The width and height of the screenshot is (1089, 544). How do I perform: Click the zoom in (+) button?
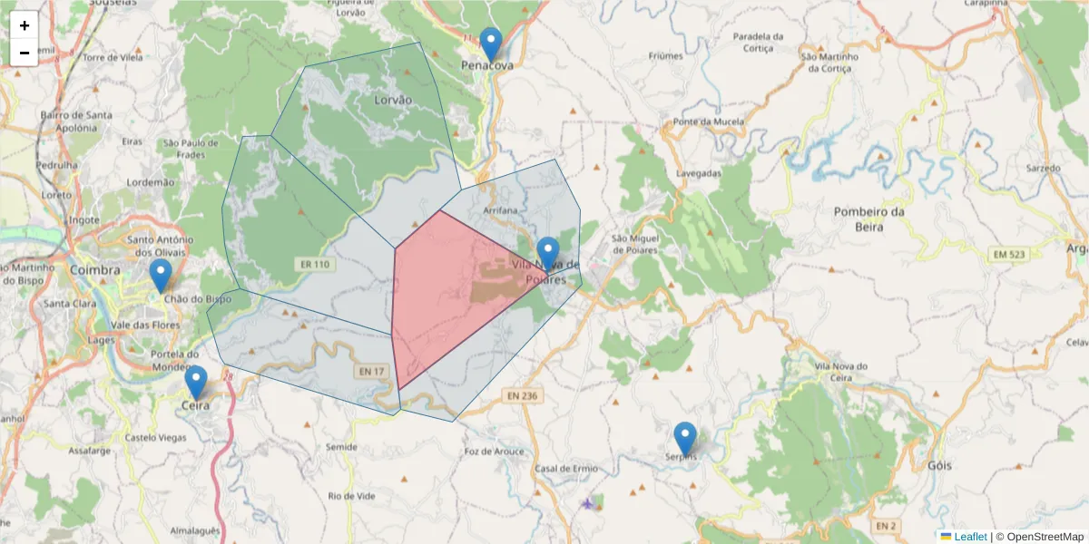pyautogui.click(x=25, y=25)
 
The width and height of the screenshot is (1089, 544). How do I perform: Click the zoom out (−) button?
pyautogui.click(x=25, y=53)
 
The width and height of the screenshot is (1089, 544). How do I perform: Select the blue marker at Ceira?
pyautogui.click(x=196, y=382)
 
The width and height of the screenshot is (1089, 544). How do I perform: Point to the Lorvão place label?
pyautogui.click(x=393, y=99)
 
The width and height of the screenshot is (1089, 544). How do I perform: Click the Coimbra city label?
pyautogui.click(x=94, y=270)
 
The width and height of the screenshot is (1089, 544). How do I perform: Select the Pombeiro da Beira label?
pyautogui.click(x=869, y=219)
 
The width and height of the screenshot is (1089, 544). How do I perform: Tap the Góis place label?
pyautogui.click(x=940, y=465)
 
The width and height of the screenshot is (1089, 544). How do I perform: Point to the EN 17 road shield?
pyautogui.click(x=372, y=371)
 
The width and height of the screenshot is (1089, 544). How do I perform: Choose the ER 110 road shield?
pyautogui.click(x=312, y=265)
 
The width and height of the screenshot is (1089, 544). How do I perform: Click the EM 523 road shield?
pyautogui.click(x=1008, y=255)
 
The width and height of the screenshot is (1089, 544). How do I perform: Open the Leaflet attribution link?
pyautogui.click(x=969, y=537)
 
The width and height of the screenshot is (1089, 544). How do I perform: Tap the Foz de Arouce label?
pyautogui.click(x=494, y=452)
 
